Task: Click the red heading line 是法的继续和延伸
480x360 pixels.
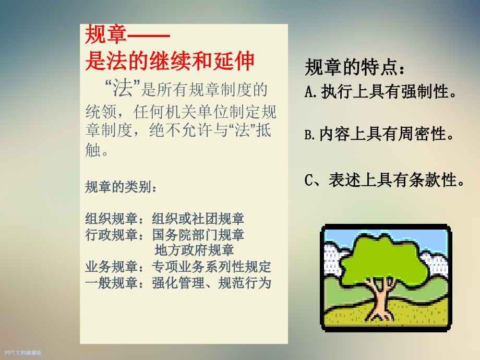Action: (170, 62)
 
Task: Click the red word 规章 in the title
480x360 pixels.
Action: (106, 35)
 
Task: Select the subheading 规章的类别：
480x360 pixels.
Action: (121, 187)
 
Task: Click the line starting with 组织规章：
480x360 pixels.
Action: (164, 219)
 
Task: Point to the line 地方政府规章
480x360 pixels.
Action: (194, 250)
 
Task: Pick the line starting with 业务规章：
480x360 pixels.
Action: (178, 267)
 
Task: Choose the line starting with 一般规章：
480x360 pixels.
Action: (178, 283)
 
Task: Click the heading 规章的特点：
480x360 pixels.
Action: (354, 68)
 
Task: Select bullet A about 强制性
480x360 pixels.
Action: (381, 92)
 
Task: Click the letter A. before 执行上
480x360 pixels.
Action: (311, 93)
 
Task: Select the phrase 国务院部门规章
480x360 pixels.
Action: (198, 235)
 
